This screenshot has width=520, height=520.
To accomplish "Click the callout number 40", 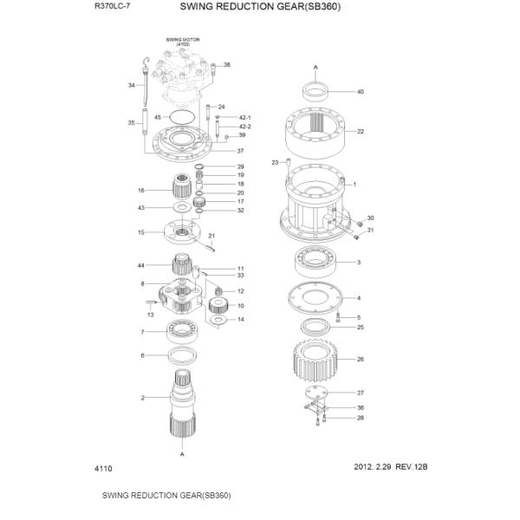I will click(x=361, y=91).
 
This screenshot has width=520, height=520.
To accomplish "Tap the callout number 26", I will click(x=361, y=359).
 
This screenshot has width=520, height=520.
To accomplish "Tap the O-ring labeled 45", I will click(x=183, y=115).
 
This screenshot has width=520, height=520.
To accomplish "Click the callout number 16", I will click(x=140, y=190).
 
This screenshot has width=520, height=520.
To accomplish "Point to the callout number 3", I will click(x=359, y=262).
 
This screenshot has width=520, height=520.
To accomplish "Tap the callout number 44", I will click(x=140, y=265).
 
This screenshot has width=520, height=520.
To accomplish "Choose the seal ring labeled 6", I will click(x=181, y=355).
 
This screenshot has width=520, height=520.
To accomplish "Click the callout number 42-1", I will click(x=244, y=117).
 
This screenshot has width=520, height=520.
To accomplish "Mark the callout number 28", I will click(x=361, y=418).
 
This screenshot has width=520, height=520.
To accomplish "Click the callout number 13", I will click(x=150, y=315).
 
